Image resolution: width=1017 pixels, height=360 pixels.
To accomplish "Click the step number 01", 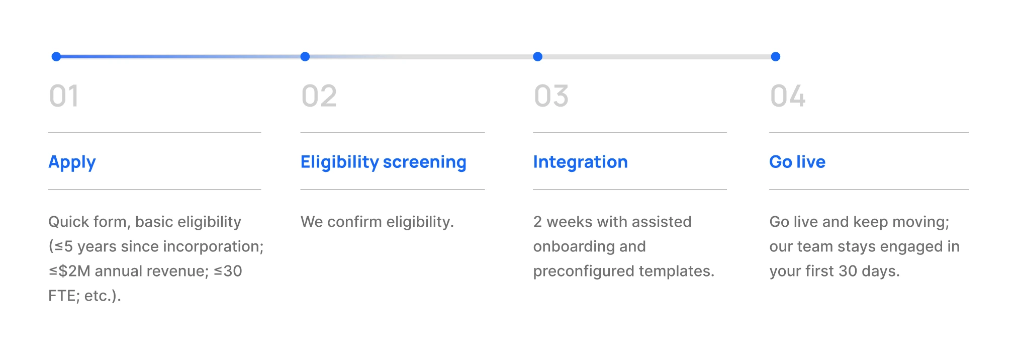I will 64,96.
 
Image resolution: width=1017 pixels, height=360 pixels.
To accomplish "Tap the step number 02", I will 319,96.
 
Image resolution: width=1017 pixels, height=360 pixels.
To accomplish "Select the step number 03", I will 551,96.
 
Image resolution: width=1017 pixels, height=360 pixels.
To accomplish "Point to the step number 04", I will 787,96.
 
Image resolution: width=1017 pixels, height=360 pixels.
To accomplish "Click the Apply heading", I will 72,162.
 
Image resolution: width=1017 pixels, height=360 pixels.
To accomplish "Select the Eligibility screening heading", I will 383,162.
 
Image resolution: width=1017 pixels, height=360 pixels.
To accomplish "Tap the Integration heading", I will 580,162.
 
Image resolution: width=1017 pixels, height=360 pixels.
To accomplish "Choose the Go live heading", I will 797,162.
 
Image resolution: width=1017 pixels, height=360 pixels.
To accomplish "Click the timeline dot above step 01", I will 56,57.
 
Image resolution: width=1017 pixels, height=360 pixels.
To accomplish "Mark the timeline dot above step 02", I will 305,57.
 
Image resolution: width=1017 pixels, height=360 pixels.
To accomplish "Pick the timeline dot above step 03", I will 537,57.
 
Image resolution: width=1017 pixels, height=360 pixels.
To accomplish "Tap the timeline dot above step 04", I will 776,57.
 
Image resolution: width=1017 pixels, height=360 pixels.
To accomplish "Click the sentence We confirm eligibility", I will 377,222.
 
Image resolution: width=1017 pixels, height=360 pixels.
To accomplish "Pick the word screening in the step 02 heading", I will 424,162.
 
